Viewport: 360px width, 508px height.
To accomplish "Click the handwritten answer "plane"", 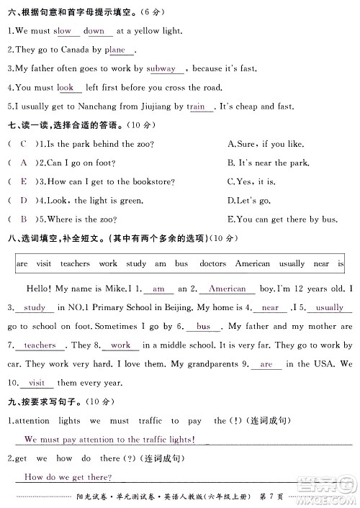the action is click(115, 50).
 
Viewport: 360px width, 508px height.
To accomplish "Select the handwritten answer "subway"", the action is click(161, 69).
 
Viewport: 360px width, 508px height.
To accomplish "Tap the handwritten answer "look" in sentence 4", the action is click(66, 88).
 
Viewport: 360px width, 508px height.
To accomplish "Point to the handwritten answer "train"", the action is click(196, 106).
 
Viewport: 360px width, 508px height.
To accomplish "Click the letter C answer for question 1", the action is click(24, 144).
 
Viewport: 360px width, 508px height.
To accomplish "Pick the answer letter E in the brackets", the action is click(24, 181).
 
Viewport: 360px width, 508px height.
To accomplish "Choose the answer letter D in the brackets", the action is click(24, 200).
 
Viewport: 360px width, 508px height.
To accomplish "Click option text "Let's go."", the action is click(248, 200).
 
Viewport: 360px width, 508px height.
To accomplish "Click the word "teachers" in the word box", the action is click(75, 264).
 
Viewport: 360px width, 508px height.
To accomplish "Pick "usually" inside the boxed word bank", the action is click(292, 264).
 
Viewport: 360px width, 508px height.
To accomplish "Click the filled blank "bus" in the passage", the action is click(204, 327).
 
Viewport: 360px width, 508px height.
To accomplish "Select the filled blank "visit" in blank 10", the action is click(37, 383).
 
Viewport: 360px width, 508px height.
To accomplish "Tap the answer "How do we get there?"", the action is click(68, 477).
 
